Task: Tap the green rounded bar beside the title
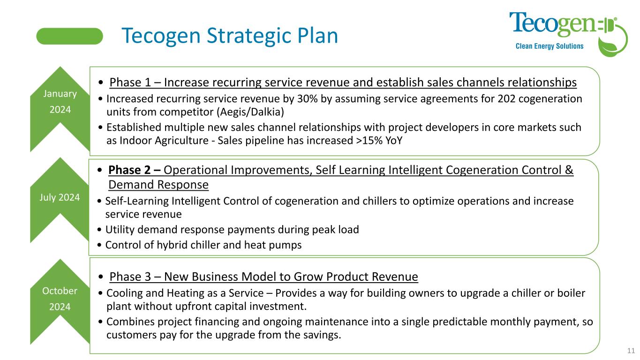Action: coord(69,36)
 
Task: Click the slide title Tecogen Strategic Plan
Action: coord(230,36)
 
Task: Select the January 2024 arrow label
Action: coord(60,101)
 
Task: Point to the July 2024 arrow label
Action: coord(60,197)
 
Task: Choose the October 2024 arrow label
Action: coord(60,299)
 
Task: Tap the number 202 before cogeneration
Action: coord(506,98)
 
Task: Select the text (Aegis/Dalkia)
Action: coord(250,112)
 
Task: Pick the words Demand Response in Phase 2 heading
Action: coord(158,185)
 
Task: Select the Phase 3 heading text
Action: coord(264,277)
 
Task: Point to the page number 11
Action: coord(631,351)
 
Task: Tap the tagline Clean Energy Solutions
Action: coord(550,46)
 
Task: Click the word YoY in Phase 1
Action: coord(394,140)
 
